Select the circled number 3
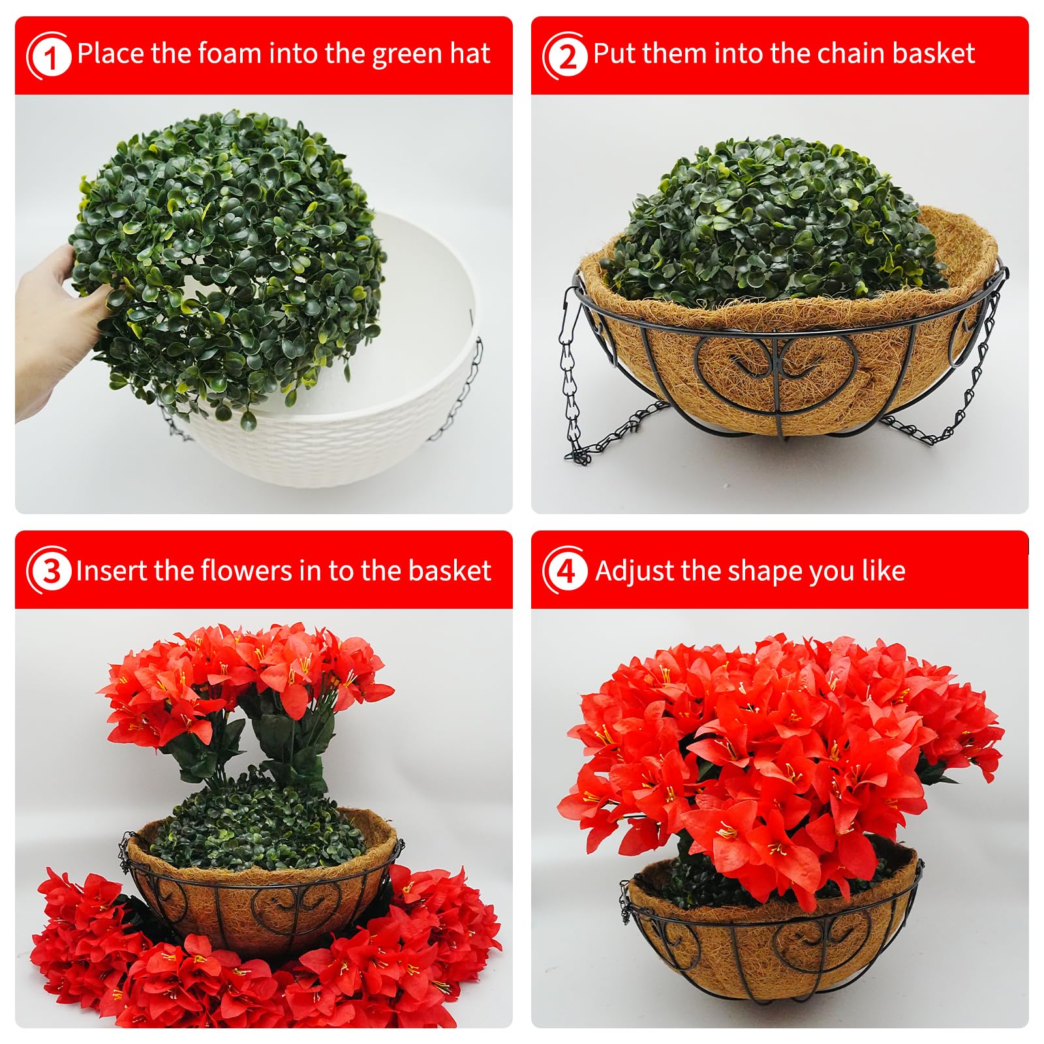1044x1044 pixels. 49,572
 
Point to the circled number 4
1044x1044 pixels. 565,572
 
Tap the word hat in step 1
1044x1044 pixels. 468,53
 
